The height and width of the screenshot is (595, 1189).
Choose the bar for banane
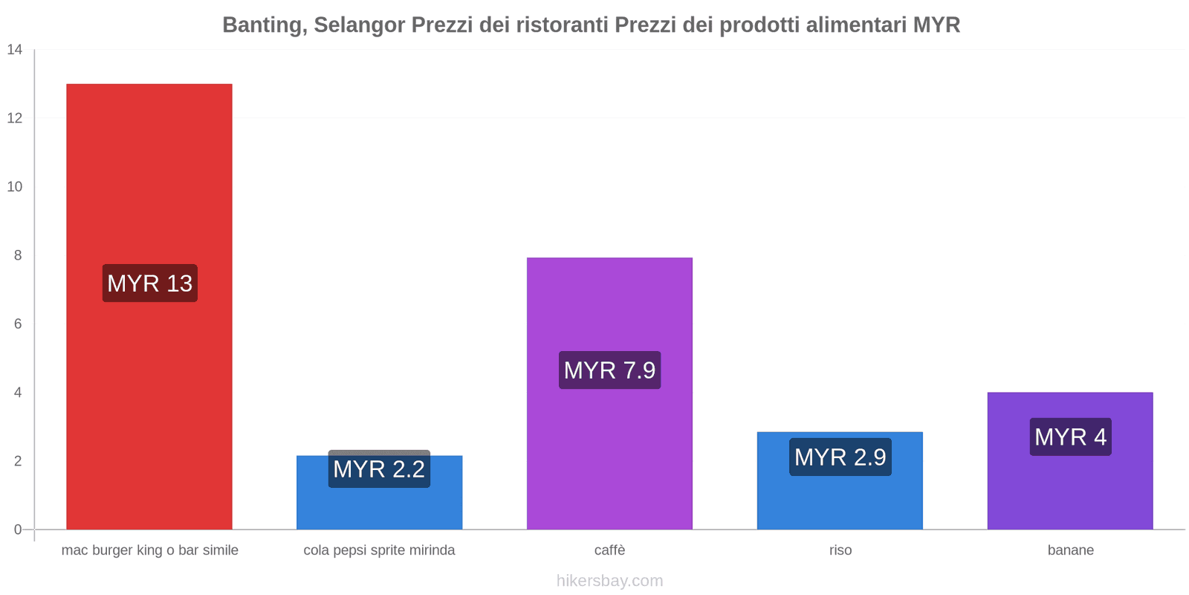(x=1070, y=491)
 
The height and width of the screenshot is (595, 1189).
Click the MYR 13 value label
(x=149, y=283)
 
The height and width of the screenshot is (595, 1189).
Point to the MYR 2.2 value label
(x=379, y=469)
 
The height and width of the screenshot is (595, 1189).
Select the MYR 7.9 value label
(x=609, y=370)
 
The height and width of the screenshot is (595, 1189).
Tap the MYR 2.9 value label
(x=840, y=457)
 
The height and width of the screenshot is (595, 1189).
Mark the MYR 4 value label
(x=1070, y=437)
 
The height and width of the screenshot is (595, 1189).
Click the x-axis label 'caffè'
(x=609, y=550)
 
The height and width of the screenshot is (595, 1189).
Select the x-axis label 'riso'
(x=840, y=550)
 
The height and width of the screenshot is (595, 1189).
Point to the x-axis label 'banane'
(x=1070, y=550)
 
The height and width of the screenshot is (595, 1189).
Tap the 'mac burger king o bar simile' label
(x=149, y=550)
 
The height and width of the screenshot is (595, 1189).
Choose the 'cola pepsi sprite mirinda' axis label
(x=379, y=550)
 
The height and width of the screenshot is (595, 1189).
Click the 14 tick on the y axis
(x=15, y=50)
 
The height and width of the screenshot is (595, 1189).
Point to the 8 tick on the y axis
(x=18, y=255)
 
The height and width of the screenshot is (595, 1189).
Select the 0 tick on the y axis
(x=18, y=530)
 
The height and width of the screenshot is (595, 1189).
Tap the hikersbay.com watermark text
(x=609, y=581)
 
